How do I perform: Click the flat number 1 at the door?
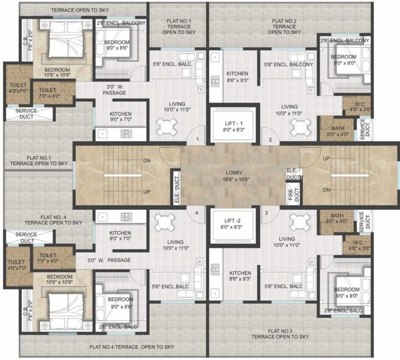(x=198, y=139)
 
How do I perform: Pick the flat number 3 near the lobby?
(x=267, y=213)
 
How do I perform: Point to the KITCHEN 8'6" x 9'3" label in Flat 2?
(x=237, y=77)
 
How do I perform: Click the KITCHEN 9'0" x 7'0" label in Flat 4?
(x=120, y=236)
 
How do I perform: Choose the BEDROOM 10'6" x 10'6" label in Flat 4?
(x=59, y=280)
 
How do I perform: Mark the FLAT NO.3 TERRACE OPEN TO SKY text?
(x=280, y=334)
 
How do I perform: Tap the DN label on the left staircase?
(x=147, y=160)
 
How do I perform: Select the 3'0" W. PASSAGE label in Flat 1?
(x=114, y=90)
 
